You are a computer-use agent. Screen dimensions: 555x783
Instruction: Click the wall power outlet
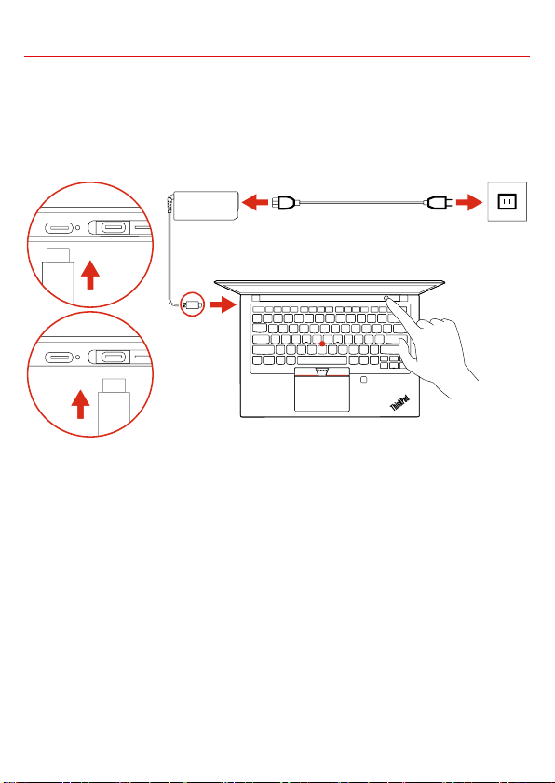click(508, 201)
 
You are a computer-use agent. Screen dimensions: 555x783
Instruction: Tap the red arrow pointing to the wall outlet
click(469, 202)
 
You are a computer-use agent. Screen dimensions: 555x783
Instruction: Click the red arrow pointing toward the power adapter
click(255, 202)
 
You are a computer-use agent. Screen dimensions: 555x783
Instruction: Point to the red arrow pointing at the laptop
click(223, 304)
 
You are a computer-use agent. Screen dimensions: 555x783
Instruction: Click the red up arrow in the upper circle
click(90, 274)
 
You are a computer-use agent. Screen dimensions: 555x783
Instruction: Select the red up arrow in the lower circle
click(80, 404)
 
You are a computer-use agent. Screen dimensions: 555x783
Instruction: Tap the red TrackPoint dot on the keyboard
click(323, 344)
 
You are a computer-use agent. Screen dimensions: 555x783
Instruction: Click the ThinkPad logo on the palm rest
click(399, 402)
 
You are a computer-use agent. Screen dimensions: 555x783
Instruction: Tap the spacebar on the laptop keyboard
click(321, 360)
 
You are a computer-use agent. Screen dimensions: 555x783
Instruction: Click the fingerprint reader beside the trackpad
click(364, 380)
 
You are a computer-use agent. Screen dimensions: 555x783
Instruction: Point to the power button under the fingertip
click(386, 298)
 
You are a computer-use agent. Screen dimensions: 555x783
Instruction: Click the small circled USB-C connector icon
click(193, 304)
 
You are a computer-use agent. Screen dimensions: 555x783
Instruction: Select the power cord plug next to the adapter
click(286, 202)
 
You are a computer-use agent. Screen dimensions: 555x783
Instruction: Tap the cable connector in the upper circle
click(58, 276)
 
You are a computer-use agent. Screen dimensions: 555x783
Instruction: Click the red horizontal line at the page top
click(277, 57)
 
